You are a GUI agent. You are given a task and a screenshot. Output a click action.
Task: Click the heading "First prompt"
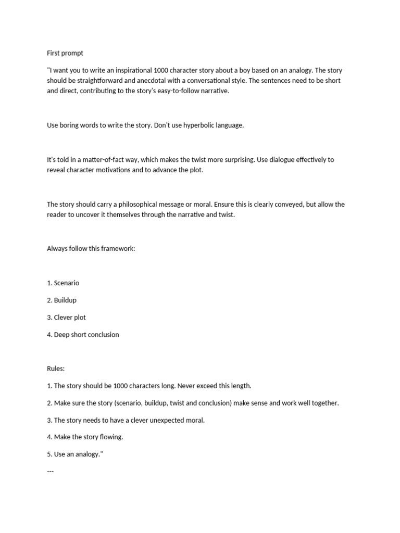(x=65, y=53)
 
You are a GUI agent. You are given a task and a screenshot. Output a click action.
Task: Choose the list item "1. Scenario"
(x=63, y=283)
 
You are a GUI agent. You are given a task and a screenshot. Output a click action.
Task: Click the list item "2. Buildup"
(x=61, y=300)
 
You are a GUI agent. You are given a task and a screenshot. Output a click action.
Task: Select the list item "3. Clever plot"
(x=66, y=318)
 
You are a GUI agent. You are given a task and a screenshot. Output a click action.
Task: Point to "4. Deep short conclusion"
(x=83, y=335)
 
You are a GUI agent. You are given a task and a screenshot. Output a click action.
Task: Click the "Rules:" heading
(x=56, y=369)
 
